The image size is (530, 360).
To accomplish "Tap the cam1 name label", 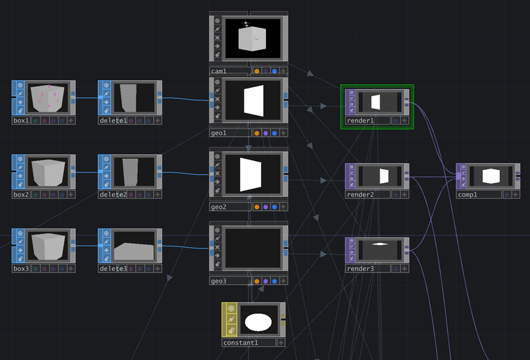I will [x=219, y=71].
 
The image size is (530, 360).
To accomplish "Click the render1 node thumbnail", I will [x=376, y=102].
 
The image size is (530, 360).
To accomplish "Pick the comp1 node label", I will [x=468, y=195].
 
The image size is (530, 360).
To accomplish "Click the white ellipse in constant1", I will [x=258, y=322].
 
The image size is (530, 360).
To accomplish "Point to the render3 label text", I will [x=361, y=268].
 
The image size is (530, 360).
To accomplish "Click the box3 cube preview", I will [x=48, y=246].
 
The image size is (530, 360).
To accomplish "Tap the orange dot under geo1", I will [x=257, y=133].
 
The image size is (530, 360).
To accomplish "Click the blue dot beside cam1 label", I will [x=274, y=71].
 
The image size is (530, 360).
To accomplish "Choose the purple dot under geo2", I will [x=266, y=207].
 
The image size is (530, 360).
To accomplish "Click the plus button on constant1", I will [x=281, y=343].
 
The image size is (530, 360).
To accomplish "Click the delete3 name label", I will [x=113, y=269].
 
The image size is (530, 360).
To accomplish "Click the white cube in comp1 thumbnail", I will [x=491, y=175].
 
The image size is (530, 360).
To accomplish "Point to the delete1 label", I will [x=113, y=120].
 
